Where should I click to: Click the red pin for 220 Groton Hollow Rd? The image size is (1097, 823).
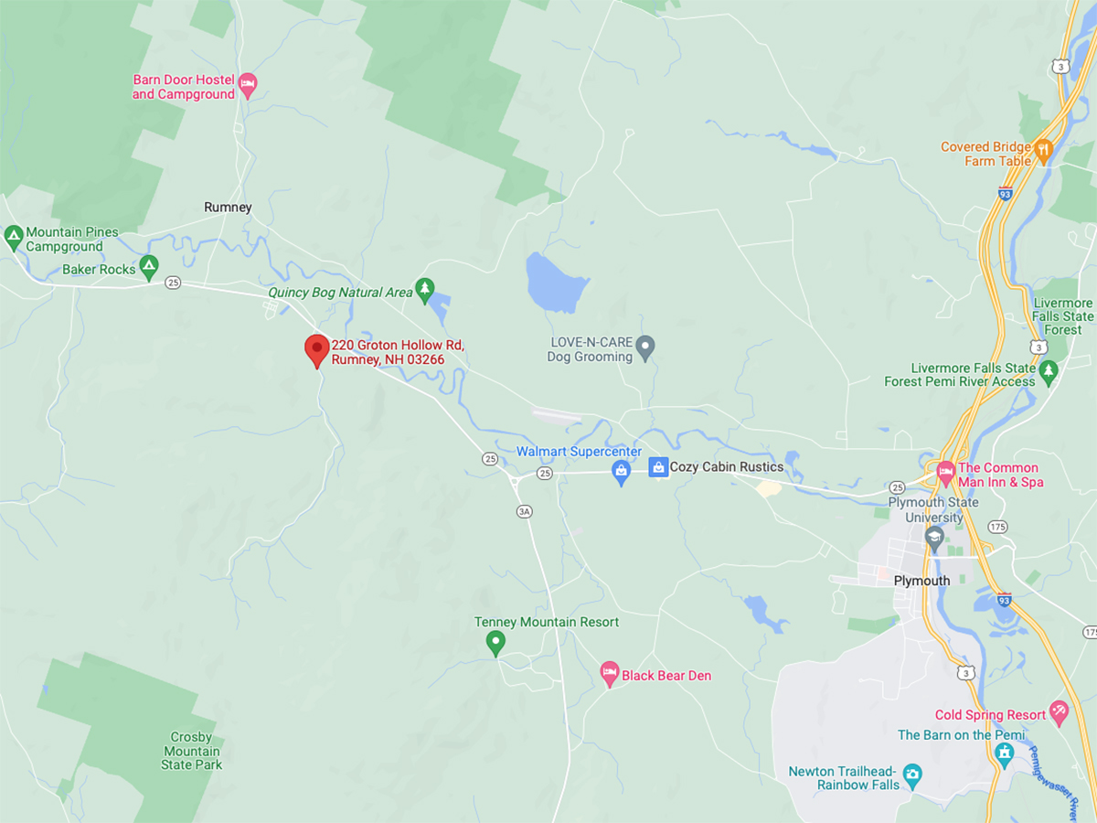tap(316, 349)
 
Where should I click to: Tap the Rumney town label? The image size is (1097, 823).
tap(228, 208)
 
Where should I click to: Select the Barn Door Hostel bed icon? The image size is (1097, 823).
tap(247, 87)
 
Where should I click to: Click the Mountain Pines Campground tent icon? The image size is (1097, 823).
tap(13, 239)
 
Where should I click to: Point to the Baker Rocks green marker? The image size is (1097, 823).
tap(149, 268)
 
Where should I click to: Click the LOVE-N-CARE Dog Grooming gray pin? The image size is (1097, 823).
tap(645, 347)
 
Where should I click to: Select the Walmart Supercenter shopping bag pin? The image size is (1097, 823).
tap(622, 473)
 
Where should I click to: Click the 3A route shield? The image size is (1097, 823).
tap(524, 511)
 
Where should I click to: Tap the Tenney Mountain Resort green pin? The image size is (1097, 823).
tap(495, 643)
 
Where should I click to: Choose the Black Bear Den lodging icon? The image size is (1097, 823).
tap(609, 675)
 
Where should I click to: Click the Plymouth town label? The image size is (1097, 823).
tap(921, 581)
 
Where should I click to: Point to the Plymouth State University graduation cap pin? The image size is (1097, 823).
tap(934, 539)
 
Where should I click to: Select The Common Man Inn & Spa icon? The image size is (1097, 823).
tap(945, 473)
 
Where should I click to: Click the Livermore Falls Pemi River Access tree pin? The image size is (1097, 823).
tap(1048, 370)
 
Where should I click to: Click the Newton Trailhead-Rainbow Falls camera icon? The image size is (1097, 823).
tap(911, 776)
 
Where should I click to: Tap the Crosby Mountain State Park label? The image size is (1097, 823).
tap(191, 751)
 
